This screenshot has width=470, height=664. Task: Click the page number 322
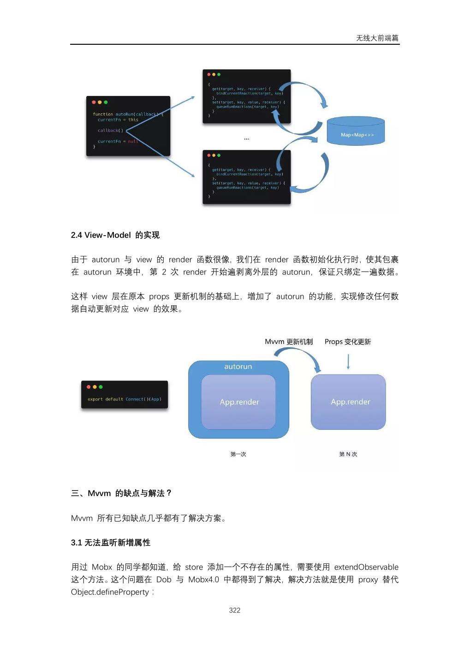pos(234,610)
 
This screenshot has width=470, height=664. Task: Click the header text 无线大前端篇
pos(377,38)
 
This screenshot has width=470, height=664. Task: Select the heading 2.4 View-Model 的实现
pos(115,235)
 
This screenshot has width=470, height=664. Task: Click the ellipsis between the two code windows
pos(247,138)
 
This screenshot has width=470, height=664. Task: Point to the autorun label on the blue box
pos(238,367)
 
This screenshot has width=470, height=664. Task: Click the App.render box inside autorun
pos(239,402)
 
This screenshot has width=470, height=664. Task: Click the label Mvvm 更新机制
pos(289,342)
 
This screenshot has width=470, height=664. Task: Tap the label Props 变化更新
pos(348,342)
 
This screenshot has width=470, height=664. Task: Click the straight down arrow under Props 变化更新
pos(348,362)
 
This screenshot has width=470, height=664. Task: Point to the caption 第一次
pos(238,454)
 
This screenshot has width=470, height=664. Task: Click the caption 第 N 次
pos(348,454)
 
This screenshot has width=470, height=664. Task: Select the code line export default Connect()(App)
pos(125,399)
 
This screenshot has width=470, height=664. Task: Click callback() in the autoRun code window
pos(110,130)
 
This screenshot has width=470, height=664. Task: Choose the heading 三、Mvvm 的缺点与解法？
pos(121,493)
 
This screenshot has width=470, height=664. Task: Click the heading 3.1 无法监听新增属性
pos(111,543)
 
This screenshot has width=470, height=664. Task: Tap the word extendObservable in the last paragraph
pos(366,567)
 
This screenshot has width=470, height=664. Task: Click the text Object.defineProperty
pos(110,592)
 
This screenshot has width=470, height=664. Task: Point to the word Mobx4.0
pos(203,580)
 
